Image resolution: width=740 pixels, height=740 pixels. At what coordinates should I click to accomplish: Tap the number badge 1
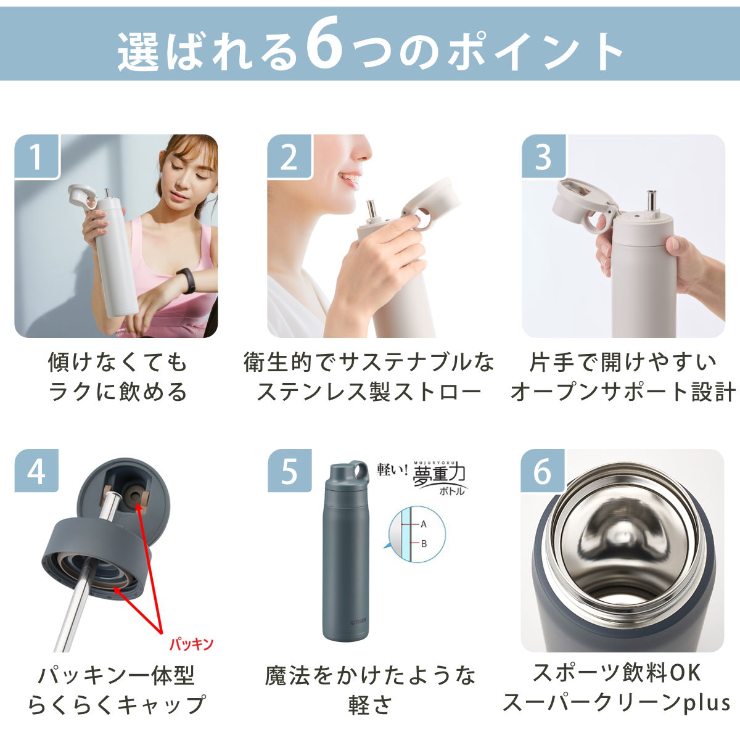point(37,157)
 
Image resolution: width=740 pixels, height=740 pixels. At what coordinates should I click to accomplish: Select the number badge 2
point(289,157)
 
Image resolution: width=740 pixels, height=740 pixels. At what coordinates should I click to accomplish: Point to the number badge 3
point(543,157)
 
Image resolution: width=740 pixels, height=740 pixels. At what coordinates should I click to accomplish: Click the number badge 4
point(36,471)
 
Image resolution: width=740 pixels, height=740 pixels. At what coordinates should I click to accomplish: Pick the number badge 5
point(289,471)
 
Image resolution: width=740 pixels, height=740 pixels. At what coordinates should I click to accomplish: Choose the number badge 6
point(543,471)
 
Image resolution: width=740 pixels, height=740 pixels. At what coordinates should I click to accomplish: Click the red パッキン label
point(191,644)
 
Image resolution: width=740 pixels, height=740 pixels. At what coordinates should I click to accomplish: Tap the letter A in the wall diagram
point(424,525)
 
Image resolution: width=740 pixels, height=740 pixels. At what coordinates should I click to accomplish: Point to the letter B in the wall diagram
point(424,544)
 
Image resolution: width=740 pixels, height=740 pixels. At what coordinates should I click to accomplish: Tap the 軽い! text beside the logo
point(392,469)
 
